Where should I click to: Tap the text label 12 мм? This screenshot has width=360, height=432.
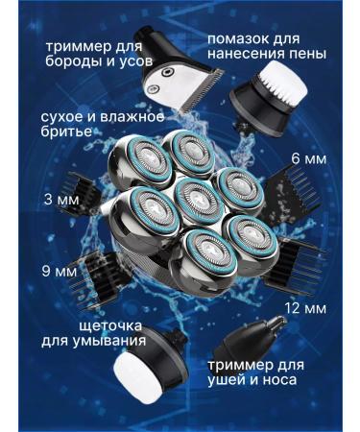pos(306,309)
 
